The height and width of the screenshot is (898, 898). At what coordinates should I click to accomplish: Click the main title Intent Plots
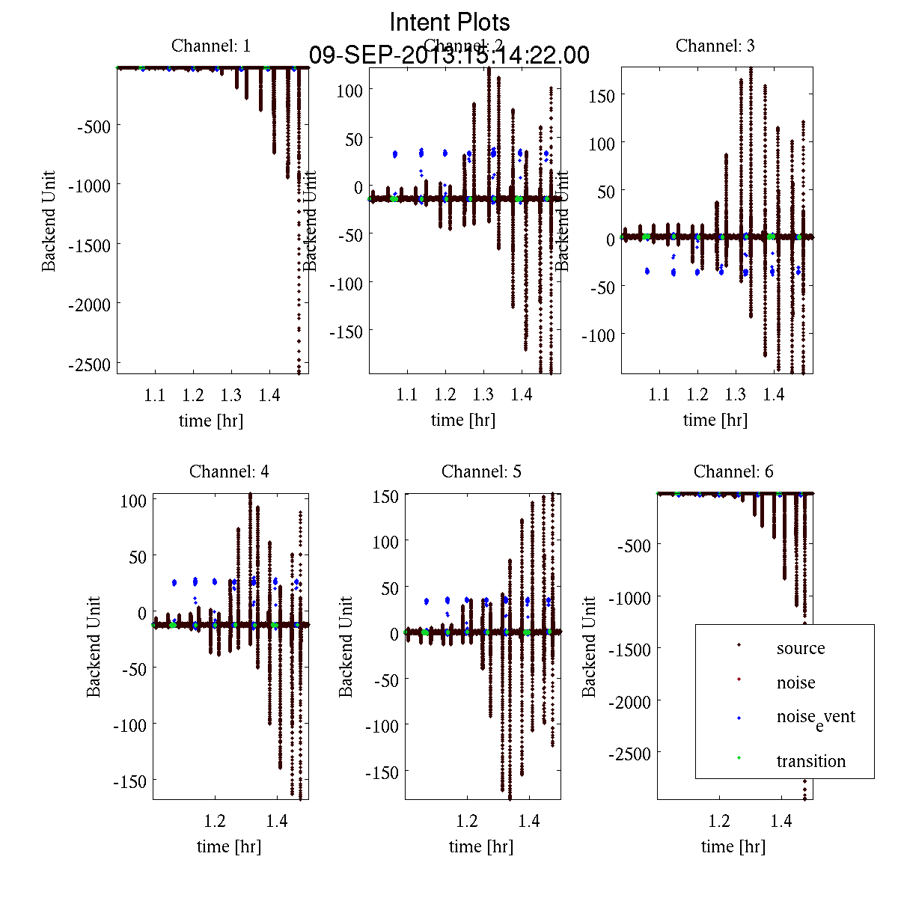pos(450,22)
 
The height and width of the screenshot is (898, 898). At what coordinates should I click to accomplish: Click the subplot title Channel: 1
pos(211,46)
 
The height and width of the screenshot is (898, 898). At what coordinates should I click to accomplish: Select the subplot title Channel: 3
pos(715,46)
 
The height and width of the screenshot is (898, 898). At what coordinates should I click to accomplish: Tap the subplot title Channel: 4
pos(229,471)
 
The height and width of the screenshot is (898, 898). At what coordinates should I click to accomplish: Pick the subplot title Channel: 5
pos(481,471)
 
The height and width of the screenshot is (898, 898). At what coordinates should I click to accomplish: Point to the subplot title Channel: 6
pos(733,471)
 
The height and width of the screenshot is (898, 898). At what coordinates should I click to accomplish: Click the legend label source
pos(801,648)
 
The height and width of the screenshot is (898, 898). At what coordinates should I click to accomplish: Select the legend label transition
pos(810,761)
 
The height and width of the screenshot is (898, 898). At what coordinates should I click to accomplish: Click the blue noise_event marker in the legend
pos(739,718)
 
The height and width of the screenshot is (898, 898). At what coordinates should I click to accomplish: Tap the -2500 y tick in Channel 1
pos(89,364)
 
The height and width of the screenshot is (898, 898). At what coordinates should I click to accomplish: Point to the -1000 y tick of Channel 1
pos(89,186)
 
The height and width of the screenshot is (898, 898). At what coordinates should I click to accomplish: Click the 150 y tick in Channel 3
pos(602,96)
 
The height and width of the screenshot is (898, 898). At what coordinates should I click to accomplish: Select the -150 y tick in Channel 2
pos(347,332)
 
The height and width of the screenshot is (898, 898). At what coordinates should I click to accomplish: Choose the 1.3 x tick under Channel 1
pos(231,395)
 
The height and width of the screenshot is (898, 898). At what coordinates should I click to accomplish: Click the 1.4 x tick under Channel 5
pos(529,821)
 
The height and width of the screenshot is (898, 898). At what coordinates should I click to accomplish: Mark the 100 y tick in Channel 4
pos(133,501)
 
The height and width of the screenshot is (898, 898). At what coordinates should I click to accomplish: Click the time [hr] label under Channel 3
pos(715,421)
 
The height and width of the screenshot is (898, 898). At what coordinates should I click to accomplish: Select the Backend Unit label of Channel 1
pos(49,221)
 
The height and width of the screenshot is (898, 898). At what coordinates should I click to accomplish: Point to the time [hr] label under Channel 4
pos(229,846)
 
